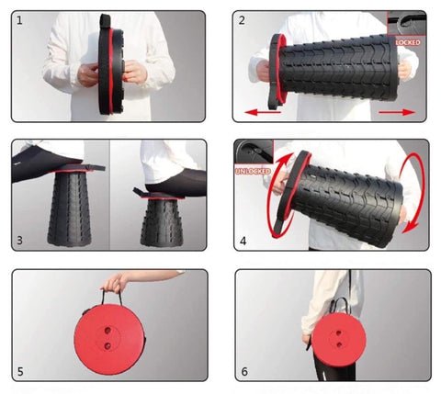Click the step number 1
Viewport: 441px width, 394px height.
click(19, 21)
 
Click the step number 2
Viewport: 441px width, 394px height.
click(242, 20)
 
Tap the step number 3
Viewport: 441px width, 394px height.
click(19, 241)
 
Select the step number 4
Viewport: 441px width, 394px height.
click(243, 241)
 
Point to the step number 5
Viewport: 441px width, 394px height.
click(20, 371)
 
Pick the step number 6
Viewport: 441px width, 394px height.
click(244, 371)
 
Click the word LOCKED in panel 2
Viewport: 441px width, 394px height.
click(408, 42)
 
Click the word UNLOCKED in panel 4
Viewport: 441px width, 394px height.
click(253, 171)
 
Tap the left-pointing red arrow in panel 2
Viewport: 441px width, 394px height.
click(263, 112)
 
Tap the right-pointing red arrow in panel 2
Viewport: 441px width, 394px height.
click(397, 112)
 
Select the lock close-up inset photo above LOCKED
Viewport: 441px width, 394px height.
click(406, 23)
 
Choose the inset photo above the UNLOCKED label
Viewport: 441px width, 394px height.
click(254, 152)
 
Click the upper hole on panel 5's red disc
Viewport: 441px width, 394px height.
click(107, 331)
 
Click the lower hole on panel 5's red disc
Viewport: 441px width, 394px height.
click(107, 346)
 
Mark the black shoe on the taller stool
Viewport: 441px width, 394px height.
click(43, 163)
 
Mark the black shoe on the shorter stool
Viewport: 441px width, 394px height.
click(176, 185)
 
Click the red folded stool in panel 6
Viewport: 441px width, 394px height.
click(339, 340)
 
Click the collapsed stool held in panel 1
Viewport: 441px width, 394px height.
click(111, 64)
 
